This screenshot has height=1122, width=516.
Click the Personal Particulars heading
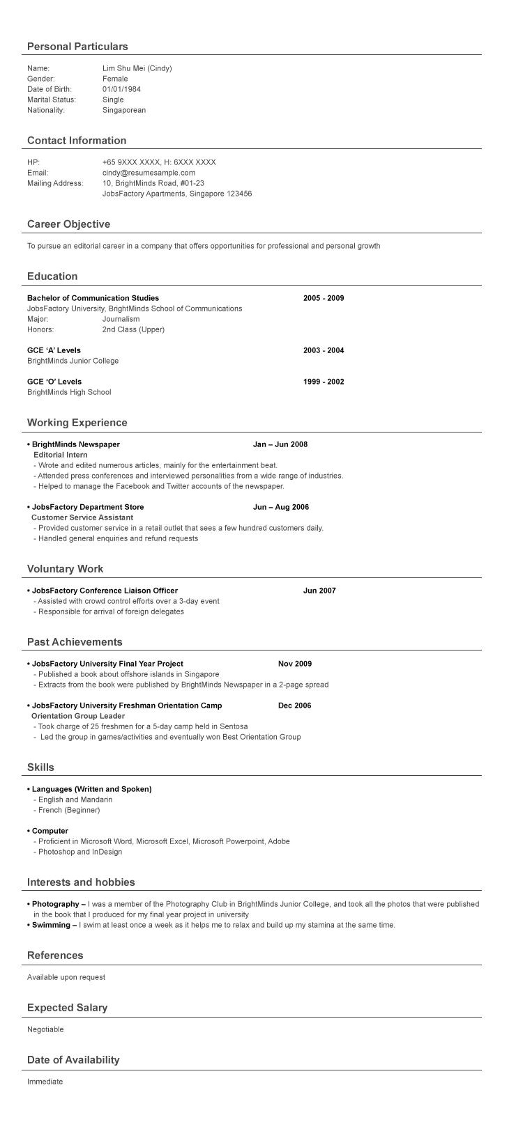coord(77,47)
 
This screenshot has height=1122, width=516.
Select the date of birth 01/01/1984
coord(121,89)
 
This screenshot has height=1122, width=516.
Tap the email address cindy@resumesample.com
coord(149,173)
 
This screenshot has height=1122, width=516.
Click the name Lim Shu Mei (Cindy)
coord(137,68)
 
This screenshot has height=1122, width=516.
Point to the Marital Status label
coord(51,100)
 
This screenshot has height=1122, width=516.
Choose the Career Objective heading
coord(68,224)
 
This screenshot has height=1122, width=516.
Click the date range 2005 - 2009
coord(324,298)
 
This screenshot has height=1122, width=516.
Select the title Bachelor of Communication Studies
coord(93,298)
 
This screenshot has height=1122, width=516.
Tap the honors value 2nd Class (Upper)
coord(133,329)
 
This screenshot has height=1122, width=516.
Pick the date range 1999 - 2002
coord(324,382)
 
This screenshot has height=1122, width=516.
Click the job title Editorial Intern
coord(61,455)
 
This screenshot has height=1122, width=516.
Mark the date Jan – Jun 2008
coord(280,444)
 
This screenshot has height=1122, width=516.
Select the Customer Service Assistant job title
coord(82,517)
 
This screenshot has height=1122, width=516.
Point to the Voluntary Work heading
coord(65,569)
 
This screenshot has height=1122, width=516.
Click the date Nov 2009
coord(295,664)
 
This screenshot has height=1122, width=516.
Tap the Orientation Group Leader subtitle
coord(78,716)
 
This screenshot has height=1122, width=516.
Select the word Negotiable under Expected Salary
coord(45,1029)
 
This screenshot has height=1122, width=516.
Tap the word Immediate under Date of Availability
coord(45,1082)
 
